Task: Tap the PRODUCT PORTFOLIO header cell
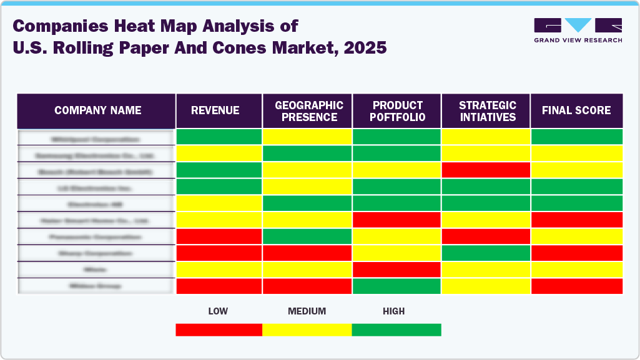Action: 397,110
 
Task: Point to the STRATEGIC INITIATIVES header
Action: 486,110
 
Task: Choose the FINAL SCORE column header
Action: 576,110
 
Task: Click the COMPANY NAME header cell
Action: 97,110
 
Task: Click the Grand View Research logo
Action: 578,30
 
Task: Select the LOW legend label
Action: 218,311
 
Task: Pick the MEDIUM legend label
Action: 307,311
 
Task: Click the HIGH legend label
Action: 394,311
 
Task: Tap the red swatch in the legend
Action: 219,329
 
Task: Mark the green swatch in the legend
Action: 396,329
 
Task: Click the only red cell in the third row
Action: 486,170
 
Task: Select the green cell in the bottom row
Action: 397,286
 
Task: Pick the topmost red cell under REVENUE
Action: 219,236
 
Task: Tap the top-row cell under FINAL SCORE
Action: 576,137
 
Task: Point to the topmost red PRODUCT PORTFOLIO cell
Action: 397,220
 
